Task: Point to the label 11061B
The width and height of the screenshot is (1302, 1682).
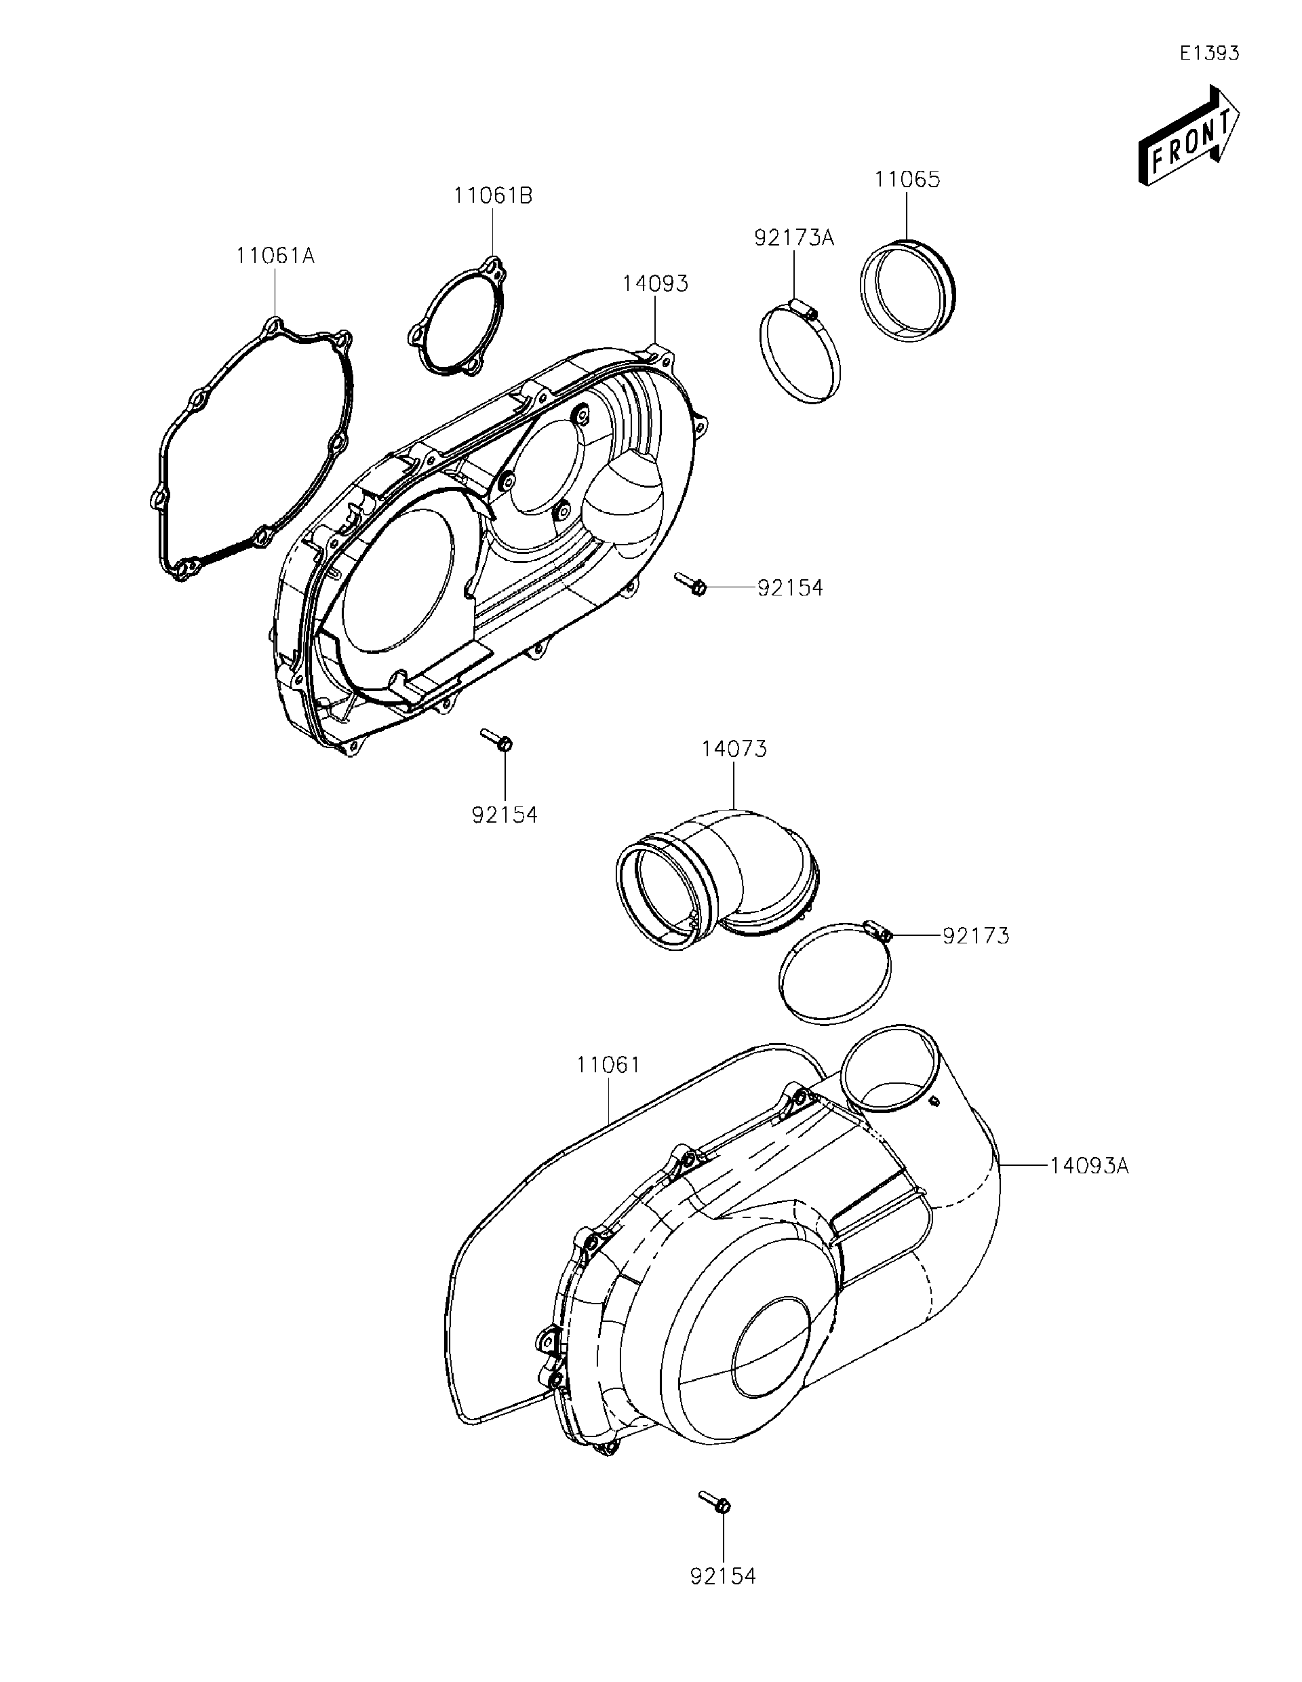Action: pyautogui.click(x=493, y=195)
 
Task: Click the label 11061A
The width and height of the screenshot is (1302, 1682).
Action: pyautogui.click(x=275, y=256)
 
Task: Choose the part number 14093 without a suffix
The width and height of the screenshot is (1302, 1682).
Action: pyautogui.click(x=654, y=283)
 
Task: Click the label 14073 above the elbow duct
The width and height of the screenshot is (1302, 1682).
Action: pyautogui.click(x=734, y=749)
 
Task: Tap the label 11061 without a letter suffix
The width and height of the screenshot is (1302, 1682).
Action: pyautogui.click(x=608, y=1065)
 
